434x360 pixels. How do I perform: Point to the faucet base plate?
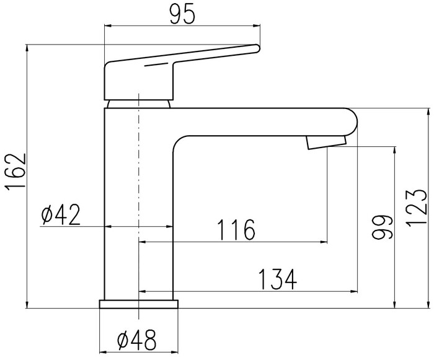139,304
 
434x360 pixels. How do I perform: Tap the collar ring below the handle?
138,103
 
